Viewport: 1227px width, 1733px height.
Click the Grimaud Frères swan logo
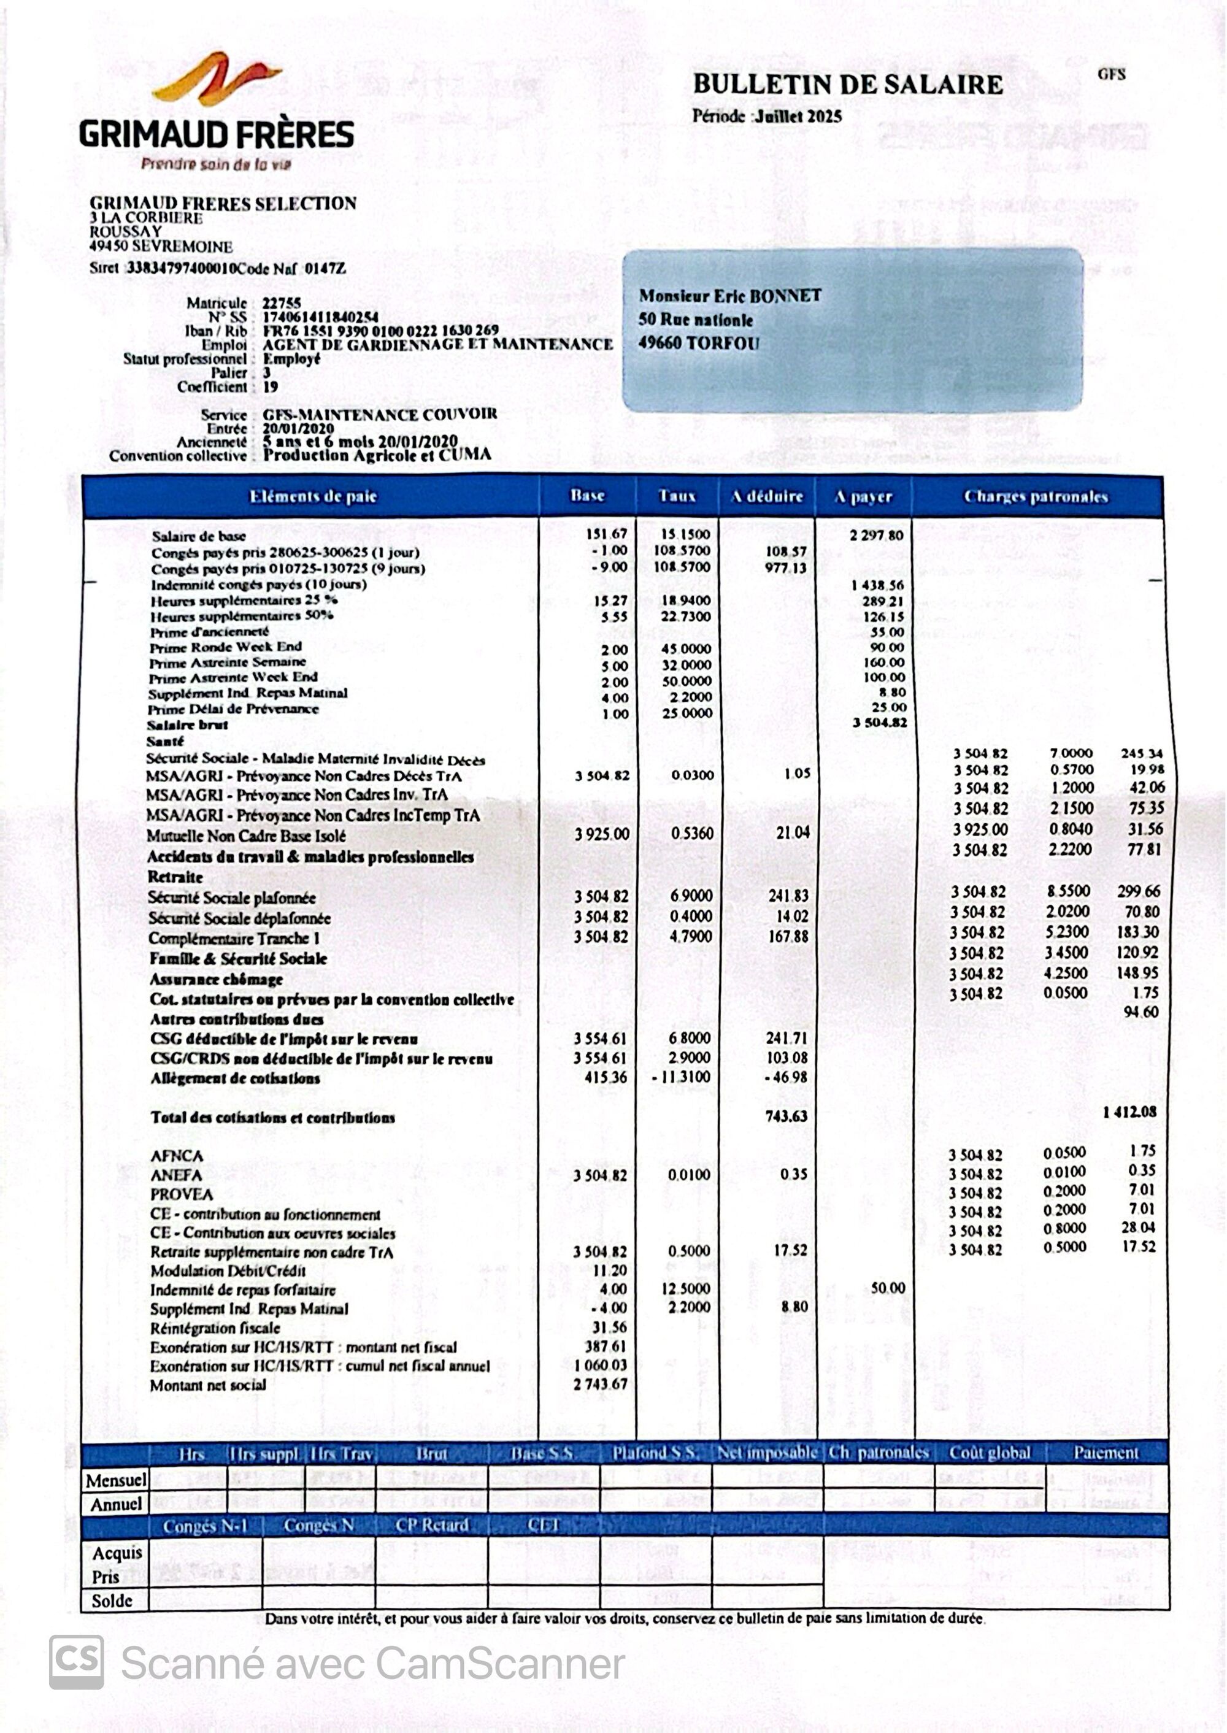click(x=216, y=79)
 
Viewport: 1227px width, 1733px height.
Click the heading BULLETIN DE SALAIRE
click(x=848, y=85)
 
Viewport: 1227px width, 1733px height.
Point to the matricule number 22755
click(x=282, y=303)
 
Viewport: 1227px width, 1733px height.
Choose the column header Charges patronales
click(x=1035, y=497)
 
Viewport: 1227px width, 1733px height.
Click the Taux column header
click(x=676, y=496)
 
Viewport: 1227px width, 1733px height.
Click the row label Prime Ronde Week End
click(x=225, y=647)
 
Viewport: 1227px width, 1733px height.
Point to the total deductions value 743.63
click(x=787, y=1116)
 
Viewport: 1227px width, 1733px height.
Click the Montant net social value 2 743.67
click(x=600, y=1384)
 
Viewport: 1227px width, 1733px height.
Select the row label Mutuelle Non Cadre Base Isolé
click(x=246, y=836)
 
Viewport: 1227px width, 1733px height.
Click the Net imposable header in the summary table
click(x=766, y=1453)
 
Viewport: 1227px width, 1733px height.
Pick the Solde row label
click(x=112, y=1600)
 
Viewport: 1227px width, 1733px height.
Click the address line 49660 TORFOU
click(x=699, y=343)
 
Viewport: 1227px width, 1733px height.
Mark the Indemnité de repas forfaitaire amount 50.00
click(x=887, y=1288)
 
